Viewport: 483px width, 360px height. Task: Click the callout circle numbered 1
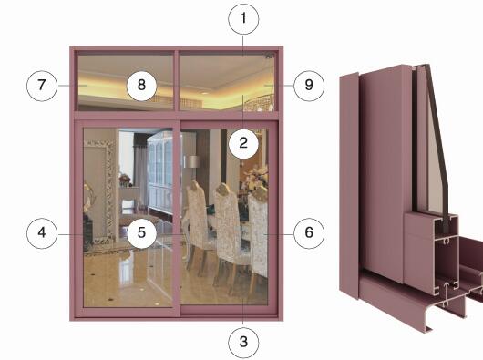pyautogui.click(x=243, y=19)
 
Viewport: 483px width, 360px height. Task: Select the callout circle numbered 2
pyautogui.click(x=243, y=143)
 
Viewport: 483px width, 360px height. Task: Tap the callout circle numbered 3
pyautogui.click(x=243, y=342)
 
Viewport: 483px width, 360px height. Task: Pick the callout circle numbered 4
pyautogui.click(x=42, y=233)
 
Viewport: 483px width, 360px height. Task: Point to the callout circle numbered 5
pyautogui.click(x=141, y=233)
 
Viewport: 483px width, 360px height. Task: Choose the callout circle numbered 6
pyautogui.click(x=309, y=233)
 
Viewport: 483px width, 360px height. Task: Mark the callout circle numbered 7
pyautogui.click(x=42, y=86)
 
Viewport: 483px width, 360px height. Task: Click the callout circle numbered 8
pyautogui.click(x=141, y=86)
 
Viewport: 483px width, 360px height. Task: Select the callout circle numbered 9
pyautogui.click(x=309, y=86)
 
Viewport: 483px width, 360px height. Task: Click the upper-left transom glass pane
pyautogui.click(x=126, y=83)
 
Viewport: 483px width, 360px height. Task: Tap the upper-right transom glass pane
pyautogui.click(x=227, y=83)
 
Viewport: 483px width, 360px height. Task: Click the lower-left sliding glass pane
pyautogui.click(x=128, y=218)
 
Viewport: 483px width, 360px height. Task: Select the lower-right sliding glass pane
pyautogui.click(x=224, y=217)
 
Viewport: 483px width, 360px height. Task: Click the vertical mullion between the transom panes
pyautogui.click(x=177, y=81)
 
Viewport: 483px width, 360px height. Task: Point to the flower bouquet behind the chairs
pyautogui.click(x=255, y=178)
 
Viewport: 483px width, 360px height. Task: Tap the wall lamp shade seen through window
pyautogui.click(x=192, y=161)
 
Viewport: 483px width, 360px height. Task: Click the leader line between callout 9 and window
pyautogui.click(x=279, y=85)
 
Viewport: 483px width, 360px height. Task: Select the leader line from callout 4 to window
pyautogui.click(x=71, y=234)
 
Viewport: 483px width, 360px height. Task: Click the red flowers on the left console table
pyautogui.click(x=125, y=179)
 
